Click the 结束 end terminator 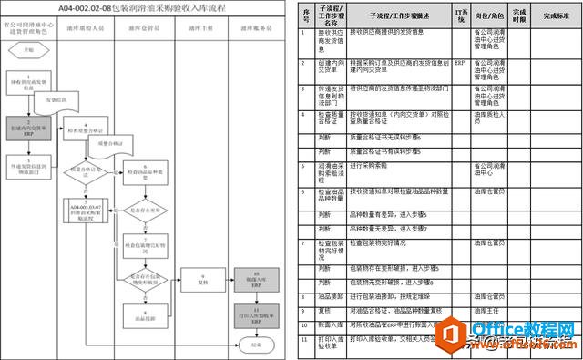pos(255,345)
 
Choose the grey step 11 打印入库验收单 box pos(256,315)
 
